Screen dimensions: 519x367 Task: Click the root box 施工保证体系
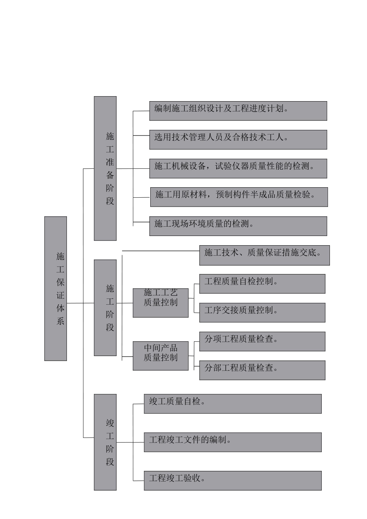coord(56,288)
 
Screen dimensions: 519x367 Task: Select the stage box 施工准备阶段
coord(105,168)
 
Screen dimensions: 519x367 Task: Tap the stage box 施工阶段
coord(105,307)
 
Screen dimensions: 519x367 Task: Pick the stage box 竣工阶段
coord(105,442)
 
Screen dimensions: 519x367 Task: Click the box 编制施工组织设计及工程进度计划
coord(238,111)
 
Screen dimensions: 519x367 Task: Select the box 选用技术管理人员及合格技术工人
coord(238,139)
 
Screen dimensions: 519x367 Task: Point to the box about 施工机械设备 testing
coord(238,168)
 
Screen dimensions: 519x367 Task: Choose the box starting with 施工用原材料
coord(239,197)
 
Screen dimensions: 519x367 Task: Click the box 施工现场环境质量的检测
coord(238,226)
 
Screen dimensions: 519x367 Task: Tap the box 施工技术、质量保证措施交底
coord(264,255)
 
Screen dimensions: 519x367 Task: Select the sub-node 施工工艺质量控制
coord(161,303)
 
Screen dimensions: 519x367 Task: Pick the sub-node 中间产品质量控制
coord(161,356)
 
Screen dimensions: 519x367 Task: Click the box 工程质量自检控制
coord(262,284)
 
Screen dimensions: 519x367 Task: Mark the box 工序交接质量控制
coord(262,312)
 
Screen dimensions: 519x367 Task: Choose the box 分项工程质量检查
coord(262,341)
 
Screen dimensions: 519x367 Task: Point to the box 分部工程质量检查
coord(262,370)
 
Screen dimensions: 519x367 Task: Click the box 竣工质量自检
coord(233,404)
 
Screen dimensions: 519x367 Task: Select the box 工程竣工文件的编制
coord(233,442)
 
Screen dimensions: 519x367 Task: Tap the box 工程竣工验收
coord(233,480)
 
